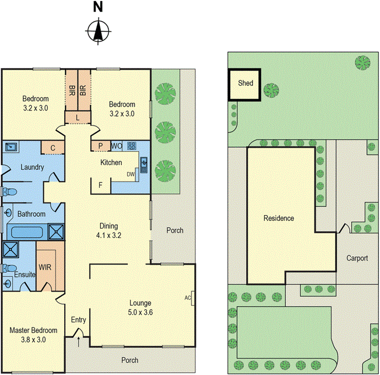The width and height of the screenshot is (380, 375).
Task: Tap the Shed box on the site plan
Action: pos(245,84)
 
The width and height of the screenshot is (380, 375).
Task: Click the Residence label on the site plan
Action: pos(279,218)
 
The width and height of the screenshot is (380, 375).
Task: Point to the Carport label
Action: pos(356,258)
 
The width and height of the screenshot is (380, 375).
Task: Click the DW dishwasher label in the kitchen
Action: pos(131,174)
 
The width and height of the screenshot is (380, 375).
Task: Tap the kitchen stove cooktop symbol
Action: pos(132,146)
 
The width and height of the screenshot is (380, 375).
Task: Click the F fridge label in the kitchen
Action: pos(101,185)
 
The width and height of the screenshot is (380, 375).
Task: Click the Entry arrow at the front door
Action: pos(79,342)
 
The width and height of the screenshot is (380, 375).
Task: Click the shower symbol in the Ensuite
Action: pos(10,250)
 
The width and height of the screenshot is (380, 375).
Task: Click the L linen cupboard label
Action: pos(77,117)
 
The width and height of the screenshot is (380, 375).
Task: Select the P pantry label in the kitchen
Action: pos(100,146)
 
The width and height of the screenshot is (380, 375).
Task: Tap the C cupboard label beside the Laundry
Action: pos(53,148)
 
